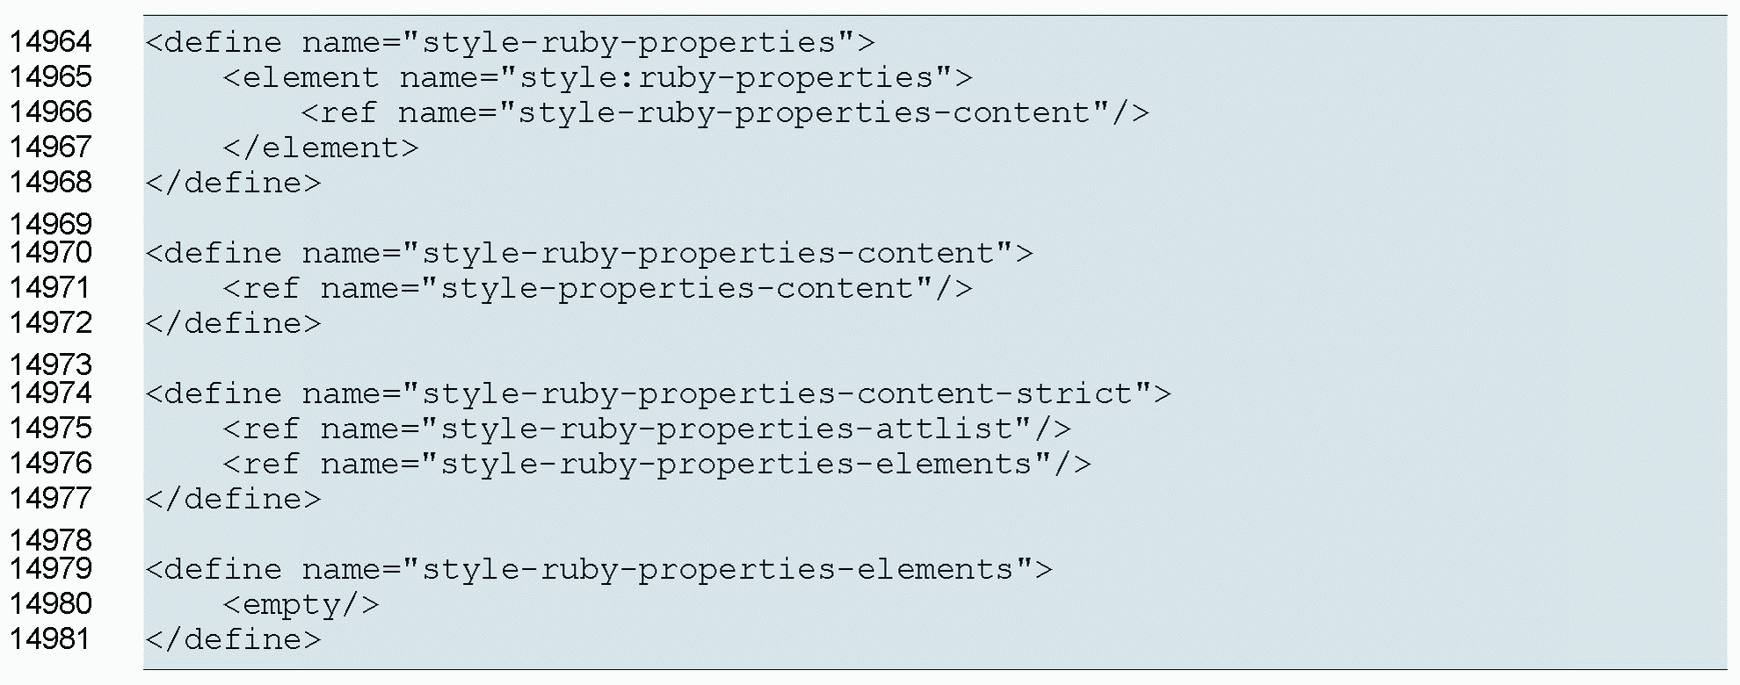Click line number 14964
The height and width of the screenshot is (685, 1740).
[x=50, y=42]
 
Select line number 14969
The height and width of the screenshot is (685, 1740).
[x=50, y=224]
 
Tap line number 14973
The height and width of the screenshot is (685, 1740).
[x=50, y=364]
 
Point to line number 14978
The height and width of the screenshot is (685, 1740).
[x=50, y=540]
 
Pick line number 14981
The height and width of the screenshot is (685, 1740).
[x=50, y=639]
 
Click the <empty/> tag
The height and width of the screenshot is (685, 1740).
[x=301, y=605]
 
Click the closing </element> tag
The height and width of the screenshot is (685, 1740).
[x=321, y=148]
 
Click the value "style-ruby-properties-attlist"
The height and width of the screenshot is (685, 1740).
[x=736, y=429]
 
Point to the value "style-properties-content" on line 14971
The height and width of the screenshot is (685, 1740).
[x=678, y=288]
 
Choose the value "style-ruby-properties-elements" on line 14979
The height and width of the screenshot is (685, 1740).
[x=718, y=569]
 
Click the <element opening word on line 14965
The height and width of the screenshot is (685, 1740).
[x=301, y=77]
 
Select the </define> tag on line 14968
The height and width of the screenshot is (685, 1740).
[x=234, y=183]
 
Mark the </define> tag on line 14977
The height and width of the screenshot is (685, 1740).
[x=234, y=499]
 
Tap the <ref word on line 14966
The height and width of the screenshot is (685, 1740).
[x=339, y=112]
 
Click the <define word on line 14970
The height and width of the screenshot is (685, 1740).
[x=214, y=253]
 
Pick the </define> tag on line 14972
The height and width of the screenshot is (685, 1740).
[x=234, y=323]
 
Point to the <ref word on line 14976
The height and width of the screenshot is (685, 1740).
[x=261, y=464]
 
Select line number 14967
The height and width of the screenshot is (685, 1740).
[x=50, y=148]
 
